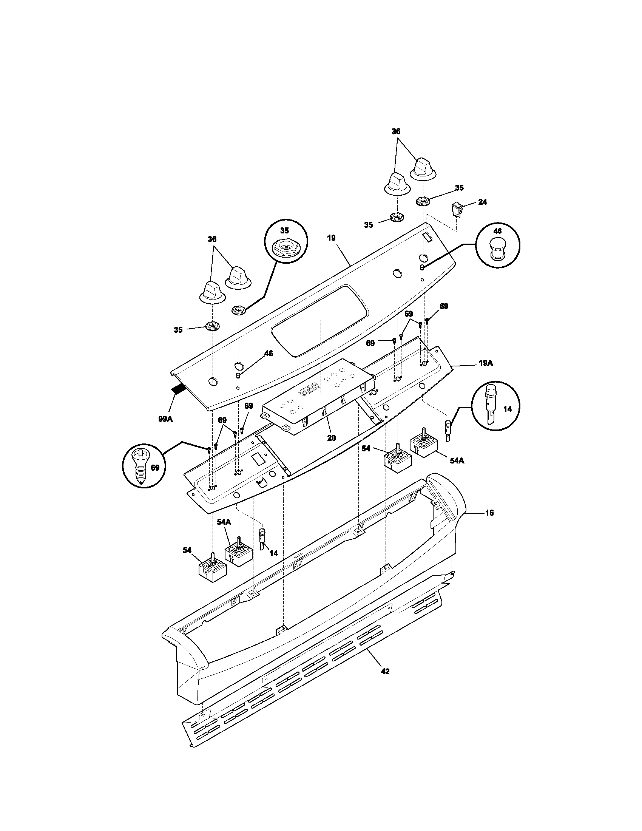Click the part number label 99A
coord(165,419)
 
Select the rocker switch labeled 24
coord(456,209)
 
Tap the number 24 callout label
coord(482,202)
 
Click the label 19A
coord(485,363)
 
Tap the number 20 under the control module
coord(332,437)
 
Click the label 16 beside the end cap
coord(489,513)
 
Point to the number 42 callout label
coord(385,672)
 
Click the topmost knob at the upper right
coord(423,167)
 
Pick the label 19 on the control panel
coord(331,238)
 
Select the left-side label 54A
coord(224,522)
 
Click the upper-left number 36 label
coord(212,239)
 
